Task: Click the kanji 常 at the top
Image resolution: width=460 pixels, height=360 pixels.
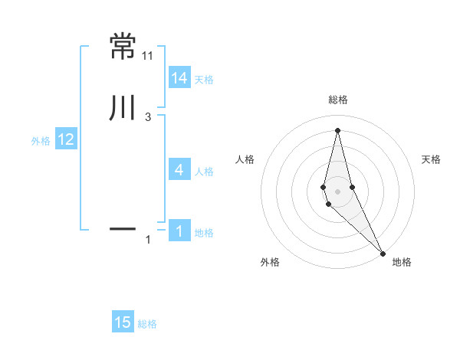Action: click(123, 46)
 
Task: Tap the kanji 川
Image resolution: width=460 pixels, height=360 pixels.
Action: click(123, 109)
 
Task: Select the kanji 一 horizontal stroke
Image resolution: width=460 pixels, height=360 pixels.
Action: click(123, 228)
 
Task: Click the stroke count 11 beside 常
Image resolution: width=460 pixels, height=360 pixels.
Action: click(148, 56)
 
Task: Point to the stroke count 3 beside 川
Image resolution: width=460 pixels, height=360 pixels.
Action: click(148, 117)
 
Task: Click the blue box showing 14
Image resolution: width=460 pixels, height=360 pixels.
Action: click(179, 78)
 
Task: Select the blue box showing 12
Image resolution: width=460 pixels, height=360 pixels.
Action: click(66, 139)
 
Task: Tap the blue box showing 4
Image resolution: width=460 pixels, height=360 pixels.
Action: click(179, 170)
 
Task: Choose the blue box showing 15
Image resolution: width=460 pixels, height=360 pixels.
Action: click(123, 322)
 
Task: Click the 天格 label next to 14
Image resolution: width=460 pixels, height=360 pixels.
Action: click(204, 79)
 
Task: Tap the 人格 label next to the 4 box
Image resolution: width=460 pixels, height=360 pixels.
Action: click(204, 172)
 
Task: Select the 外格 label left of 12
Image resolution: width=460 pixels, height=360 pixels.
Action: click(41, 140)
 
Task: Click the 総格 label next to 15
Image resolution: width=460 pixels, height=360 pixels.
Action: click(147, 324)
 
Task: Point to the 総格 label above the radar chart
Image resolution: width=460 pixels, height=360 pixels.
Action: click(338, 100)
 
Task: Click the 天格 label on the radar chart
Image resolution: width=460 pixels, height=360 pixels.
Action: click(432, 159)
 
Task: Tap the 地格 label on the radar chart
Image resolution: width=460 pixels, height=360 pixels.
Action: click(402, 262)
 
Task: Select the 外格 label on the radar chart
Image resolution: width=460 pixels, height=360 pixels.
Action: click(270, 262)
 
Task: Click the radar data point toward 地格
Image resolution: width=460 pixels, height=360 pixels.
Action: click(383, 253)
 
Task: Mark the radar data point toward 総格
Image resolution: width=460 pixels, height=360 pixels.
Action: click(337, 130)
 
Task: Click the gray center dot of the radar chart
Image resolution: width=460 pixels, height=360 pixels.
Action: click(337, 191)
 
